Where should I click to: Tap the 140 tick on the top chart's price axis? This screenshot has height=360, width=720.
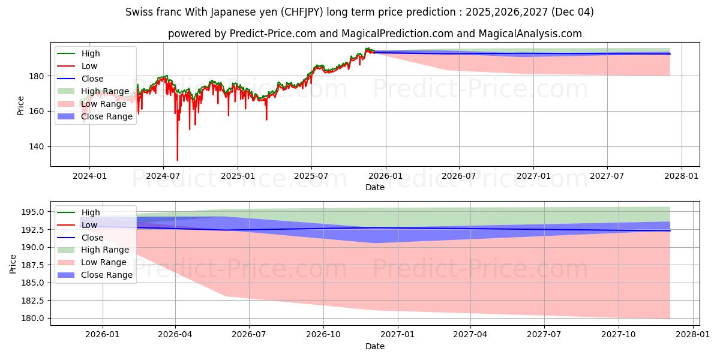pos(37,146)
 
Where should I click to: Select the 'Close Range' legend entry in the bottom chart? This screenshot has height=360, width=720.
pos(107,275)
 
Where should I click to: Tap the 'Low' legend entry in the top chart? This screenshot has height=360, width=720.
pos(89,66)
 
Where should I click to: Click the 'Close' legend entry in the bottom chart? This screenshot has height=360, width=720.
pos(94,238)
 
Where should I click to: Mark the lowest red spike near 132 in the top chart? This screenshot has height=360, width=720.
pos(177,160)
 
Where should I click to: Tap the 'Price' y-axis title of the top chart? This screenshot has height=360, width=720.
pos(20,105)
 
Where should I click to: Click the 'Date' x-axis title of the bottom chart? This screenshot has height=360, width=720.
pos(375,346)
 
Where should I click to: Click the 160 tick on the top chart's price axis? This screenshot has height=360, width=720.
pos(37,111)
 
